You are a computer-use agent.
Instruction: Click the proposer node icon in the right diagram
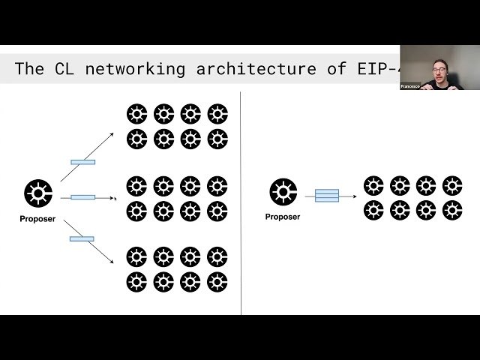click(283, 193)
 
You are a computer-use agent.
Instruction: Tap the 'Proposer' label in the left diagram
click(37, 219)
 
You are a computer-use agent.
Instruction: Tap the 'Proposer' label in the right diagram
click(283, 217)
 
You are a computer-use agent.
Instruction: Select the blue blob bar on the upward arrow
click(82, 161)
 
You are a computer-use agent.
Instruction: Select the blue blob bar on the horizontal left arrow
click(82, 198)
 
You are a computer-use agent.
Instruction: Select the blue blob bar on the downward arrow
click(82, 238)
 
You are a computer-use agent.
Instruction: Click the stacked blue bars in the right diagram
click(327, 196)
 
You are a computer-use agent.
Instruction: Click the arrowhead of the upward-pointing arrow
click(112, 133)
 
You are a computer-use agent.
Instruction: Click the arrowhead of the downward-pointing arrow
click(112, 263)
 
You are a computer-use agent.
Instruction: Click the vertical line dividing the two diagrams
click(241, 202)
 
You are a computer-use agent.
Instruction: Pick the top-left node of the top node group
click(136, 114)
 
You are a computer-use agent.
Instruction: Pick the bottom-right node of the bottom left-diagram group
click(217, 282)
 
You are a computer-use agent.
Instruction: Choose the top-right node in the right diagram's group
click(451, 185)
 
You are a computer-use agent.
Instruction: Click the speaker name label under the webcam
click(409, 86)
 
